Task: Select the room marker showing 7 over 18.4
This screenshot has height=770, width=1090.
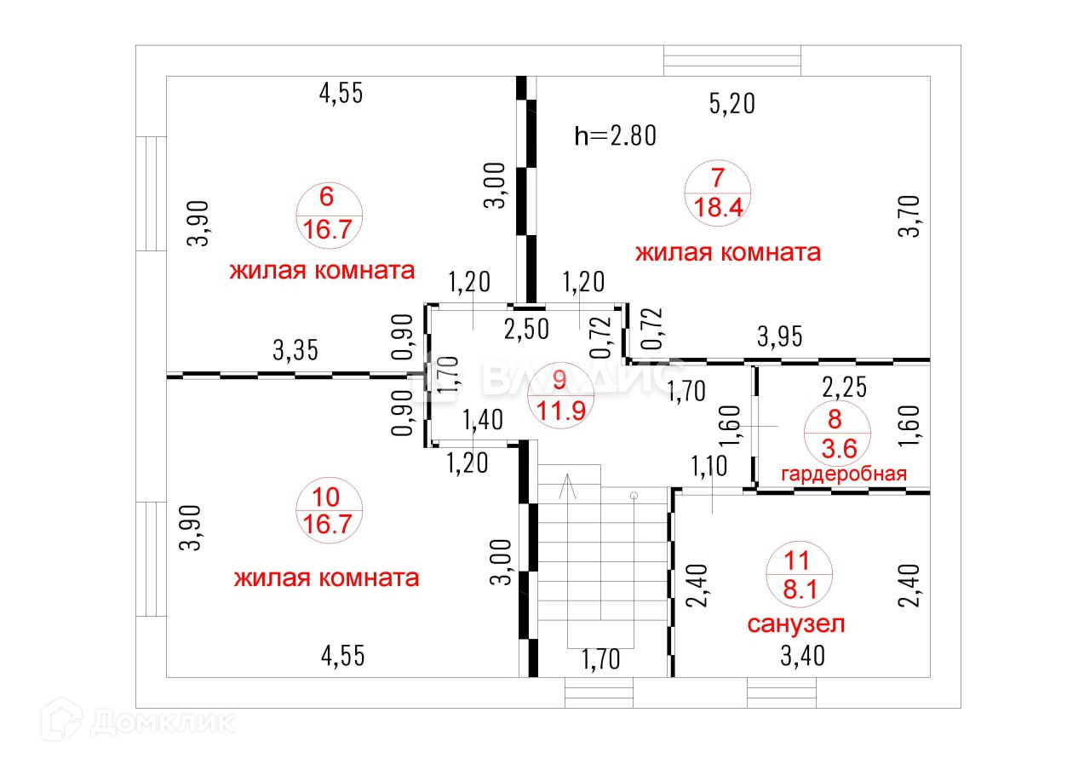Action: point(717,193)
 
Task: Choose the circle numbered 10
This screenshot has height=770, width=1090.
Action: point(329,512)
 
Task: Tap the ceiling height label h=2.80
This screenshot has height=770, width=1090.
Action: point(615,135)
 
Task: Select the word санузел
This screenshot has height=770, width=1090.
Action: point(796,624)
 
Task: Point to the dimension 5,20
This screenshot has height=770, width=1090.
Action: point(732,104)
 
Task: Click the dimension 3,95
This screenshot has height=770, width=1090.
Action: point(781,336)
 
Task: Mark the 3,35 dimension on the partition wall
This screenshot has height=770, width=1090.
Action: point(295,350)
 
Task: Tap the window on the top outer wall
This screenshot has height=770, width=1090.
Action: point(732,60)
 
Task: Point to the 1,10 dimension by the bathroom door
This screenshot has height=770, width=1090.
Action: point(710,467)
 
